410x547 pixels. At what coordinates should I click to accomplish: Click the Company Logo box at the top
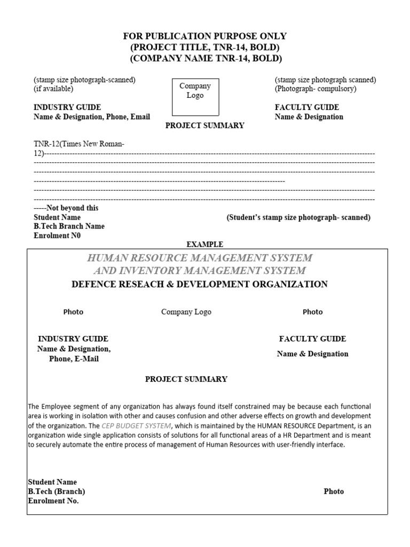pos(195,97)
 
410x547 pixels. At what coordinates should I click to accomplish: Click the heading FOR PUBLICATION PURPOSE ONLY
pos(205,36)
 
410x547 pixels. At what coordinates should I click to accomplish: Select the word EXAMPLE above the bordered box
pos(204,244)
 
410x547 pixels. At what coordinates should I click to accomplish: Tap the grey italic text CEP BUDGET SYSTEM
pos(137,426)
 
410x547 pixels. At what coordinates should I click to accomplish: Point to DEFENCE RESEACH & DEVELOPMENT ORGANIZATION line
pos(200,284)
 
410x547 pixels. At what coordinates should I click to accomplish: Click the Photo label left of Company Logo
pos(73,312)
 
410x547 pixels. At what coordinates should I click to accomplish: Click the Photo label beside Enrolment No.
pos(334,491)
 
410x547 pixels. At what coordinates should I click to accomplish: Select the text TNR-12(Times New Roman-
pos(79,144)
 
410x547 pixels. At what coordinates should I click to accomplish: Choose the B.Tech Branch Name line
pos(69,226)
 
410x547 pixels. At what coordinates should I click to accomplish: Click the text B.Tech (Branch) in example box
pos(57,491)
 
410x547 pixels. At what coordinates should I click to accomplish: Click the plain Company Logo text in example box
pos(186,312)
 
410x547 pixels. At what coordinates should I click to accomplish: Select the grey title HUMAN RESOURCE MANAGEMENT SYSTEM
pos(200,258)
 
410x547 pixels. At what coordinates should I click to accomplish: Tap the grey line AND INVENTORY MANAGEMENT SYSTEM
pos(200,271)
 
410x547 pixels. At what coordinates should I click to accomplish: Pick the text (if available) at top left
pos(53,89)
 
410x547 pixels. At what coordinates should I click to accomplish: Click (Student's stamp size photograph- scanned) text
pos(298,217)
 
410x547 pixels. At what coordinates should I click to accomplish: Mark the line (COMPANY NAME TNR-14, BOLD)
pos(205,59)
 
